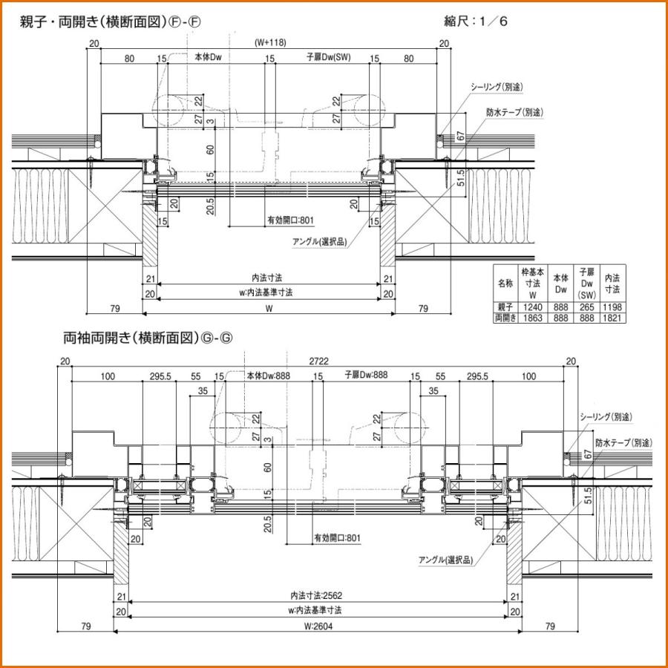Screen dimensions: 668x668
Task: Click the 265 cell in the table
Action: [x=587, y=307]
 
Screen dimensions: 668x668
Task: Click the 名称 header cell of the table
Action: [x=505, y=284]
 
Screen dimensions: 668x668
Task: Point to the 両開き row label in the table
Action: [x=505, y=317]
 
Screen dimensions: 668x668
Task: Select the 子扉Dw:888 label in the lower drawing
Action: [x=366, y=376]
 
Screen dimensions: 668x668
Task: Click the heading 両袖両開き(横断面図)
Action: [x=148, y=338]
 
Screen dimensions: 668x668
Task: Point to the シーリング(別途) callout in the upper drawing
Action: [x=497, y=87]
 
